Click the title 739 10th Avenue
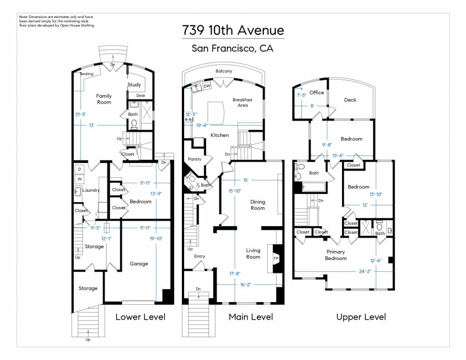[x=233, y=30]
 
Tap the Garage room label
[x=139, y=264]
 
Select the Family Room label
[x=104, y=99]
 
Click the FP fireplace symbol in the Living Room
[x=276, y=258]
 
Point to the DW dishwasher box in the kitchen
[x=207, y=86]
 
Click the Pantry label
[x=195, y=159]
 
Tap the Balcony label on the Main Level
[x=224, y=71]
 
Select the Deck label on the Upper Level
[x=350, y=100]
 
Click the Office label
[x=317, y=92]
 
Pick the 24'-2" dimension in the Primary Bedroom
[x=365, y=271]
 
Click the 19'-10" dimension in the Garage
[x=156, y=238]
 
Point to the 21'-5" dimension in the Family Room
[x=81, y=114]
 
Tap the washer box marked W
[x=79, y=179]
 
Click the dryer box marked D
[x=79, y=169]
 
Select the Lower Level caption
[x=140, y=317]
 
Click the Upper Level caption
[x=361, y=317]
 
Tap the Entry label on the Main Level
[x=200, y=256]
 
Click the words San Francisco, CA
[x=233, y=48]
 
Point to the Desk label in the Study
[x=141, y=95]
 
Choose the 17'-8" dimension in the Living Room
[x=235, y=274]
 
